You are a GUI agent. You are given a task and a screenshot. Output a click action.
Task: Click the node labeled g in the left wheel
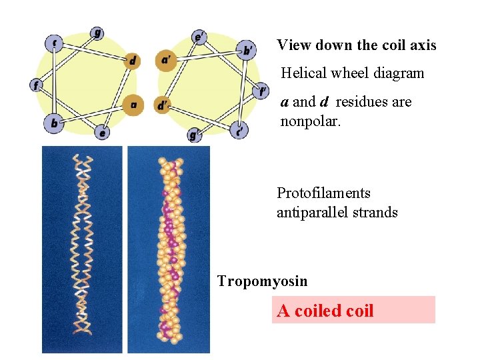[x=97, y=33]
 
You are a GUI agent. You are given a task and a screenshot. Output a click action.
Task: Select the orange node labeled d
[x=133, y=61]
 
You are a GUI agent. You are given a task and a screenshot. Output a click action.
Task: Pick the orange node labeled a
[x=133, y=105]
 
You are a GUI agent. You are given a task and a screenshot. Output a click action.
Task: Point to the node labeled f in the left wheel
[x=36, y=85]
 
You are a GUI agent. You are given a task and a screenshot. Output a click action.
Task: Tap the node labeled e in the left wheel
[x=101, y=133]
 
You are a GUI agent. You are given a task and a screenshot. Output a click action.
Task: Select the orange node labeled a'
[x=166, y=61]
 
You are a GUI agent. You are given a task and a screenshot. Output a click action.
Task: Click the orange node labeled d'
[x=163, y=105]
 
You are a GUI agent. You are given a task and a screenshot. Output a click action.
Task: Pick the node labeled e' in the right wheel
[x=199, y=37]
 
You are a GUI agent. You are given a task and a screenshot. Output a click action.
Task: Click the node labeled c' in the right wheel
[x=239, y=130]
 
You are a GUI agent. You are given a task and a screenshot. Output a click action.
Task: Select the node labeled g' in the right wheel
[x=195, y=135]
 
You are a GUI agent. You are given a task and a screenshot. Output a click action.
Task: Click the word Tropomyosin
[x=263, y=281]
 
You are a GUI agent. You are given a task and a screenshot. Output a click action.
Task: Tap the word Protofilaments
[x=323, y=193]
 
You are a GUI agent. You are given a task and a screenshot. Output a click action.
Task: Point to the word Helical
[x=305, y=73]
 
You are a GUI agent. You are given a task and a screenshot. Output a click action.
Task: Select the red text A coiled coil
[x=325, y=311]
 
